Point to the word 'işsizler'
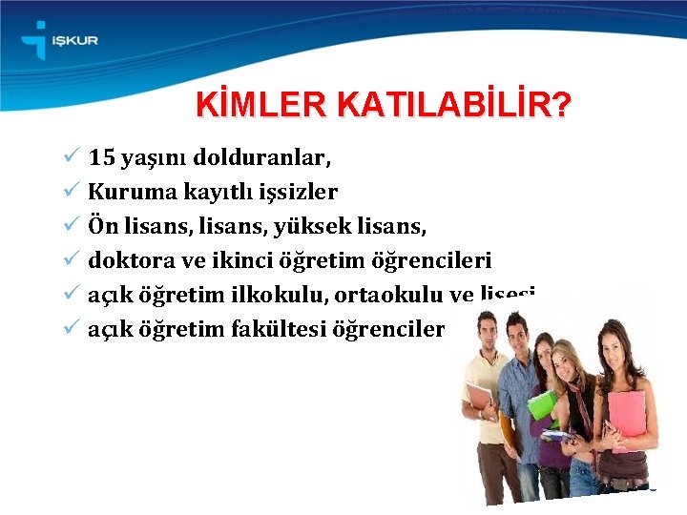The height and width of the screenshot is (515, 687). tap(300, 192)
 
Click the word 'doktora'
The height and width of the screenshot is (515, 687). tap(124, 259)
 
